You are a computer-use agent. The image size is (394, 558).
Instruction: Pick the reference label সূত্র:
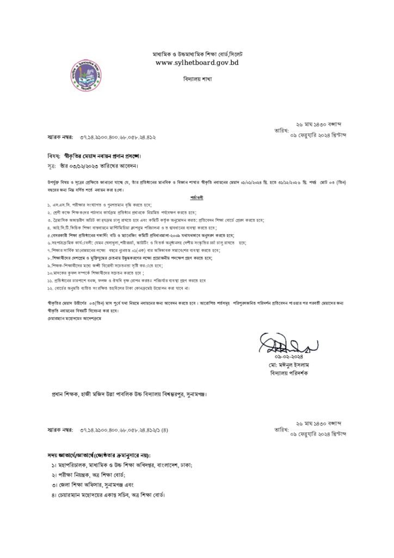52,164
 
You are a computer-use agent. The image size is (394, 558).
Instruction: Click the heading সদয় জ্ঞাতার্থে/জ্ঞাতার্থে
98,454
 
